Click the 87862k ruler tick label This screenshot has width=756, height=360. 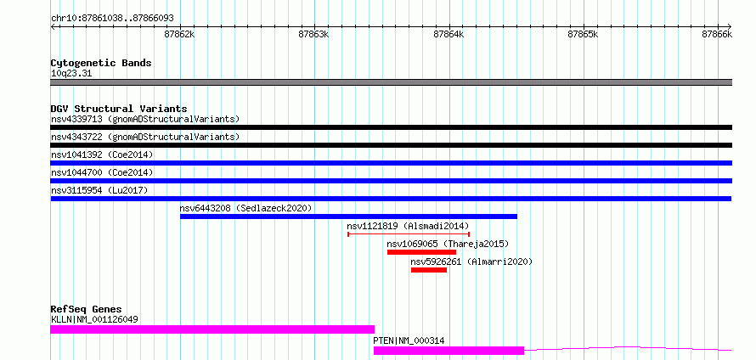point(179,35)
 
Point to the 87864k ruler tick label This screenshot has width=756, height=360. point(449,35)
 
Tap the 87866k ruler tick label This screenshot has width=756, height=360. point(717,35)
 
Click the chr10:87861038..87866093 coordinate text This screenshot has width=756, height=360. point(112,19)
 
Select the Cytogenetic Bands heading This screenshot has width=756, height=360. point(101,63)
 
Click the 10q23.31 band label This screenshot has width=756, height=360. point(71,74)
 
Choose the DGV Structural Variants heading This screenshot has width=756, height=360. point(119,109)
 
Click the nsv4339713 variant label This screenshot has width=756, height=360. point(77,119)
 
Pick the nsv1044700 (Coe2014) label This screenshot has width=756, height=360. point(102,172)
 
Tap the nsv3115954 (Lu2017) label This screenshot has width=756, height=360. point(99,190)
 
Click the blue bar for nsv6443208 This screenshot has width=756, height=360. point(348,217)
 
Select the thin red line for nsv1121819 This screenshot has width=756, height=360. point(409,234)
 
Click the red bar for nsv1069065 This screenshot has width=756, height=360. point(421,252)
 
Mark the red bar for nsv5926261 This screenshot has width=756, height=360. point(429,270)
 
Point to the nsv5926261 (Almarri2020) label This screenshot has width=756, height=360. point(471,262)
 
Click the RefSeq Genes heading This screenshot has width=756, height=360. point(87,309)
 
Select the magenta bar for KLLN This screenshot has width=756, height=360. point(212,329)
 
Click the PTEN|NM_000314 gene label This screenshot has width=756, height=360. point(409,341)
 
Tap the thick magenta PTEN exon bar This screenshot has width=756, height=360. point(449,351)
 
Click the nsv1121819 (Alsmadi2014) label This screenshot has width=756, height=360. point(408,226)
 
